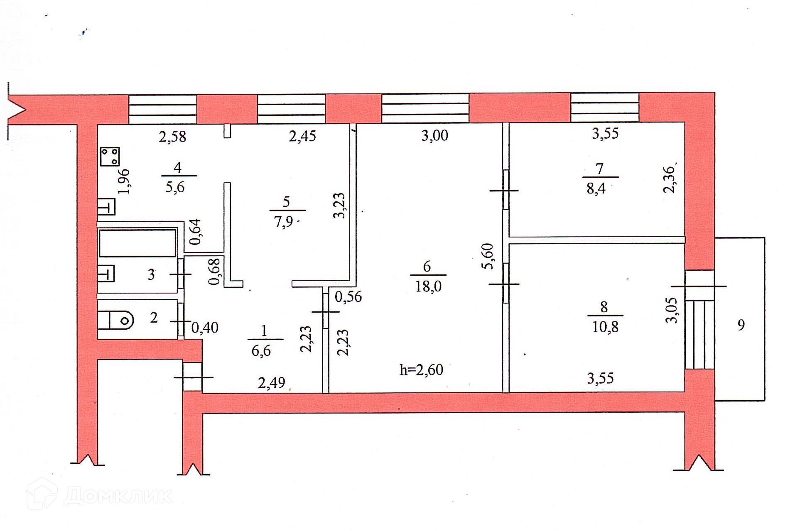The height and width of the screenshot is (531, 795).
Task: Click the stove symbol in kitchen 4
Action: (x=110, y=157)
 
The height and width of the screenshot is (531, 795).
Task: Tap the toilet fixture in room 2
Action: (x=116, y=320)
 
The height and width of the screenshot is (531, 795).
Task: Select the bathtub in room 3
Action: (x=137, y=243)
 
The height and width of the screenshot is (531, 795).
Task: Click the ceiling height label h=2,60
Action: (x=421, y=369)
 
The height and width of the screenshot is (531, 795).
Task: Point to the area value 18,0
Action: (x=428, y=286)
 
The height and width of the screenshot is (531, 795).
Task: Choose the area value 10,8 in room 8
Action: (x=605, y=327)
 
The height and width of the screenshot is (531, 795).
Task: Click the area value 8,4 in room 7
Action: (x=596, y=189)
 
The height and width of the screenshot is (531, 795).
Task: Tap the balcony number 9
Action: (x=741, y=325)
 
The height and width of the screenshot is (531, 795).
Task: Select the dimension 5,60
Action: (x=488, y=256)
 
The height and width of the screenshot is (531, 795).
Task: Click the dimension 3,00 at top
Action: (x=434, y=136)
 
